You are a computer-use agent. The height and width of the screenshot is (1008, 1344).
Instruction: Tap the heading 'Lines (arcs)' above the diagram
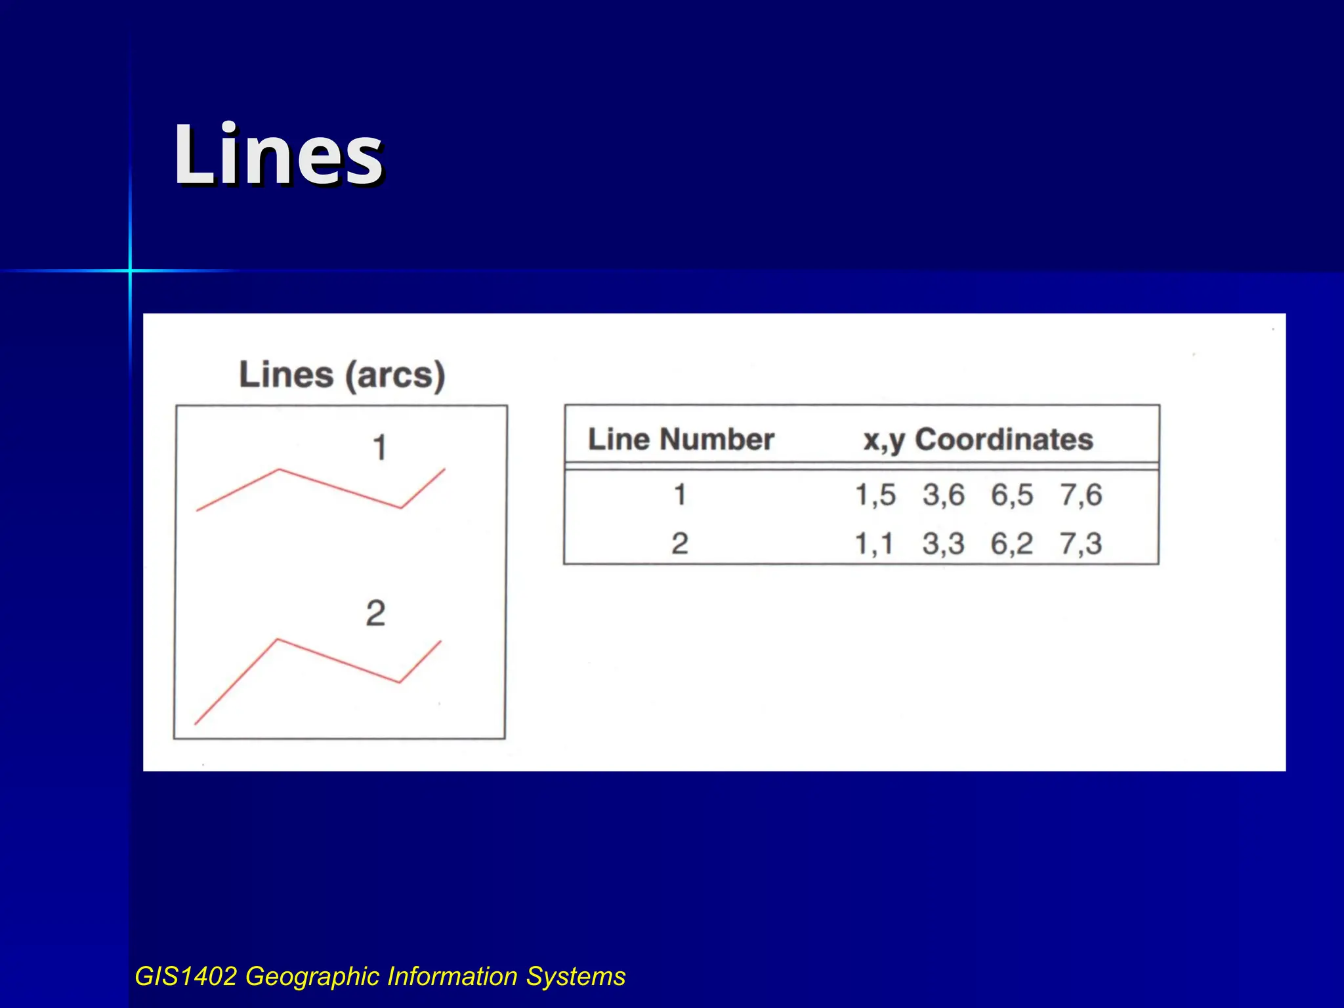(x=342, y=375)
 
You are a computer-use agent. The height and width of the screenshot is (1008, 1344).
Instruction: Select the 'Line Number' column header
(x=681, y=439)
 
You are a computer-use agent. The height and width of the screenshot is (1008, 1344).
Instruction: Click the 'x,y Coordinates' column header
(x=978, y=440)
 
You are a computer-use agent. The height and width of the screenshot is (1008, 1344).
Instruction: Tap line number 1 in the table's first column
(x=680, y=495)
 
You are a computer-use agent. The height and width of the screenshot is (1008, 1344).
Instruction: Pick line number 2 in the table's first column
(x=680, y=544)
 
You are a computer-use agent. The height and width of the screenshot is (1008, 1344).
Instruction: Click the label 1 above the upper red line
(x=379, y=449)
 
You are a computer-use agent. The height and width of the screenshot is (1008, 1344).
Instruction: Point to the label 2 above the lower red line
(x=375, y=614)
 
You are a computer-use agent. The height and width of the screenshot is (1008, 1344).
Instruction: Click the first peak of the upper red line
(x=279, y=469)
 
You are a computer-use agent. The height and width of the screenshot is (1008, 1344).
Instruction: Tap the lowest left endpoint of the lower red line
(x=196, y=724)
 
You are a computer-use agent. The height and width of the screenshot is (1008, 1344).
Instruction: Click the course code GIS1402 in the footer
(x=186, y=976)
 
